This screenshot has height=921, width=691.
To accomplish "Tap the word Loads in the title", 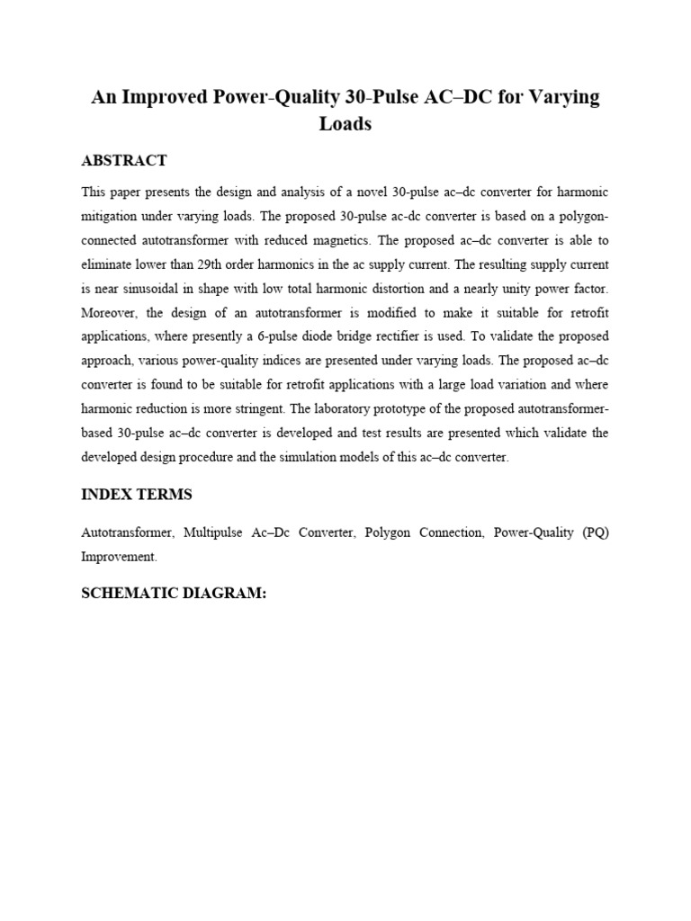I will (345, 124).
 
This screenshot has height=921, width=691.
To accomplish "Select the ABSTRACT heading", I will (124, 160).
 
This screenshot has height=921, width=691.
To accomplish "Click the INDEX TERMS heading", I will (137, 495).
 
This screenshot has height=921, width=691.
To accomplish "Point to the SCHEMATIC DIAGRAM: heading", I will (174, 594).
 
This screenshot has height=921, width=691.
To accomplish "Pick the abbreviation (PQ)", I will (596, 532).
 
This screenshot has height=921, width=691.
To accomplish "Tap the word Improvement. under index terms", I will (119, 557).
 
